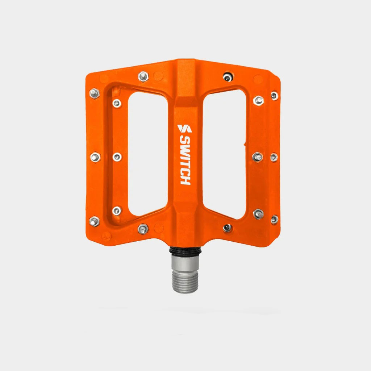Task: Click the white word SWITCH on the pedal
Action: tap(185, 160)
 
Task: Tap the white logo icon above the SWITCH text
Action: tap(184, 129)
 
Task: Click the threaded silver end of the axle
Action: tap(185, 282)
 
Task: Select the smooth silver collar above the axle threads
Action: tap(185, 263)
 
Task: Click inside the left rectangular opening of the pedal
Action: tap(148, 154)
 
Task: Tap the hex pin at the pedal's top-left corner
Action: tap(95, 93)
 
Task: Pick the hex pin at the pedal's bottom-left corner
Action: tap(94, 221)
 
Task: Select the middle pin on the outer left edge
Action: tap(95, 157)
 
